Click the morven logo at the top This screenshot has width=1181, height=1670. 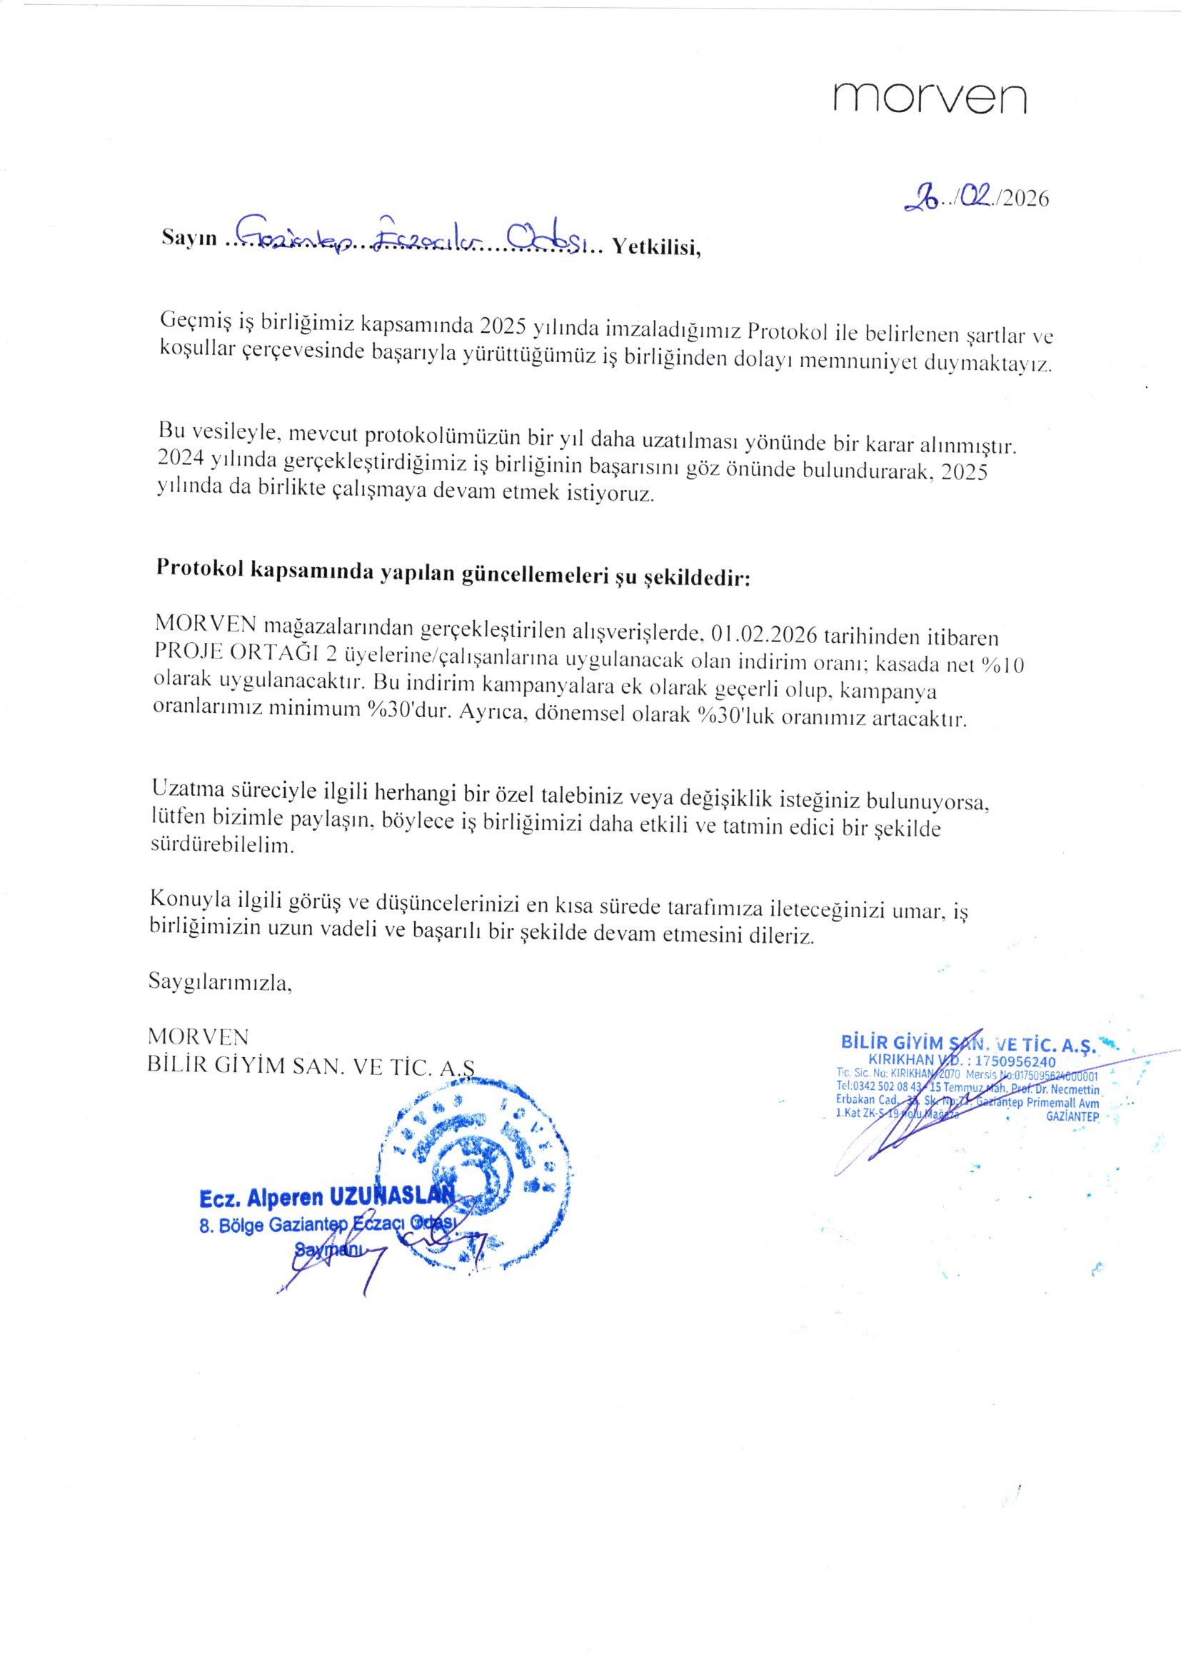coord(930,97)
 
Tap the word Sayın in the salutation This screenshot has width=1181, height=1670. coord(189,239)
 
